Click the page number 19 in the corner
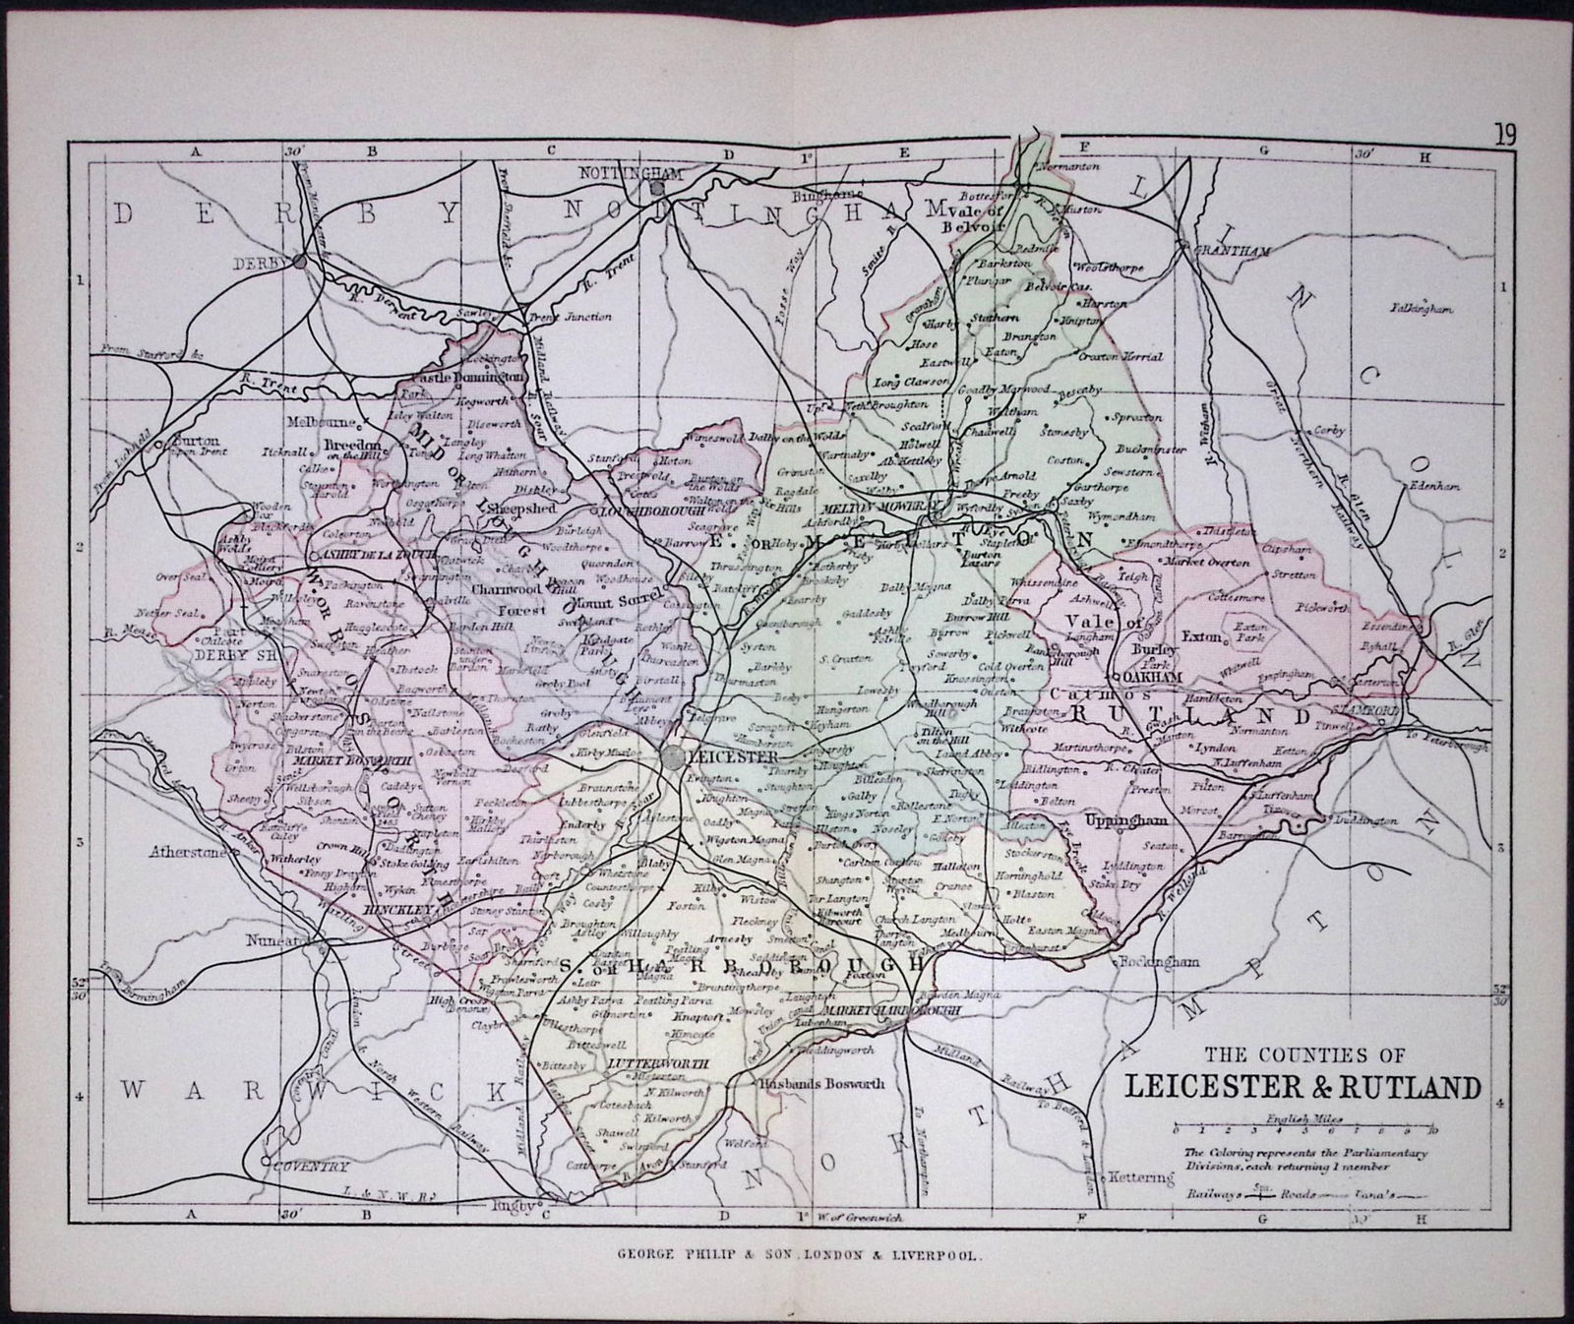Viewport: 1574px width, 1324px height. (x=1506, y=135)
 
